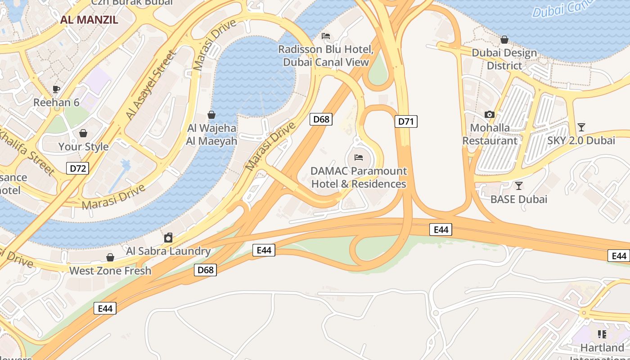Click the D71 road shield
(x=406, y=121)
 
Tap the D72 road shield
(x=77, y=168)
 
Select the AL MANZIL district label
(x=90, y=20)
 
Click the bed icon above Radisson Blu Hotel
(x=326, y=36)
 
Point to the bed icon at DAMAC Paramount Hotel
(x=359, y=157)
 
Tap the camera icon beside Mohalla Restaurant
(x=490, y=115)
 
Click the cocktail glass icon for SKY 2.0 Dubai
(x=581, y=127)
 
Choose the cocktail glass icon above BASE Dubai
(x=519, y=185)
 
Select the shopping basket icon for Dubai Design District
(x=504, y=40)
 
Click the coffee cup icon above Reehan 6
(x=56, y=89)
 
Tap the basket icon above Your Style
(x=83, y=133)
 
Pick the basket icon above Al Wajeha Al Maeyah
(x=211, y=115)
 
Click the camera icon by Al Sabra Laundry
(x=168, y=238)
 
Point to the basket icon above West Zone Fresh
(x=110, y=257)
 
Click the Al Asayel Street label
(x=151, y=85)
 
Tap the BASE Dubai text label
(x=519, y=199)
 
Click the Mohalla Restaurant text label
(x=490, y=134)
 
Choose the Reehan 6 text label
(x=56, y=103)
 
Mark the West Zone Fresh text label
(x=110, y=271)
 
